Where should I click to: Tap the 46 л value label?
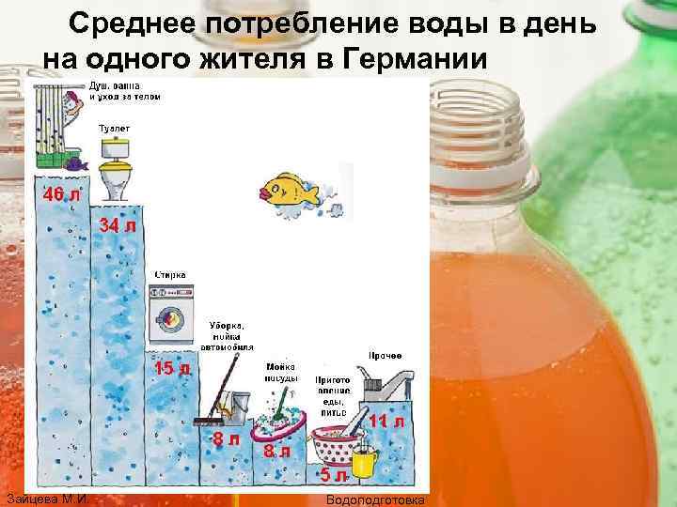[59, 194]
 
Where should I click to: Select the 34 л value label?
[118, 226]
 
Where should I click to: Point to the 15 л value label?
[172, 368]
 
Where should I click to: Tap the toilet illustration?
[115, 169]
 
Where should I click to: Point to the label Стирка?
[171, 274]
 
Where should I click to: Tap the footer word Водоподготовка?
[374, 499]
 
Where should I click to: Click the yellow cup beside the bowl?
[364, 459]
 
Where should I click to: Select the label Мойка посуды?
[280, 372]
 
